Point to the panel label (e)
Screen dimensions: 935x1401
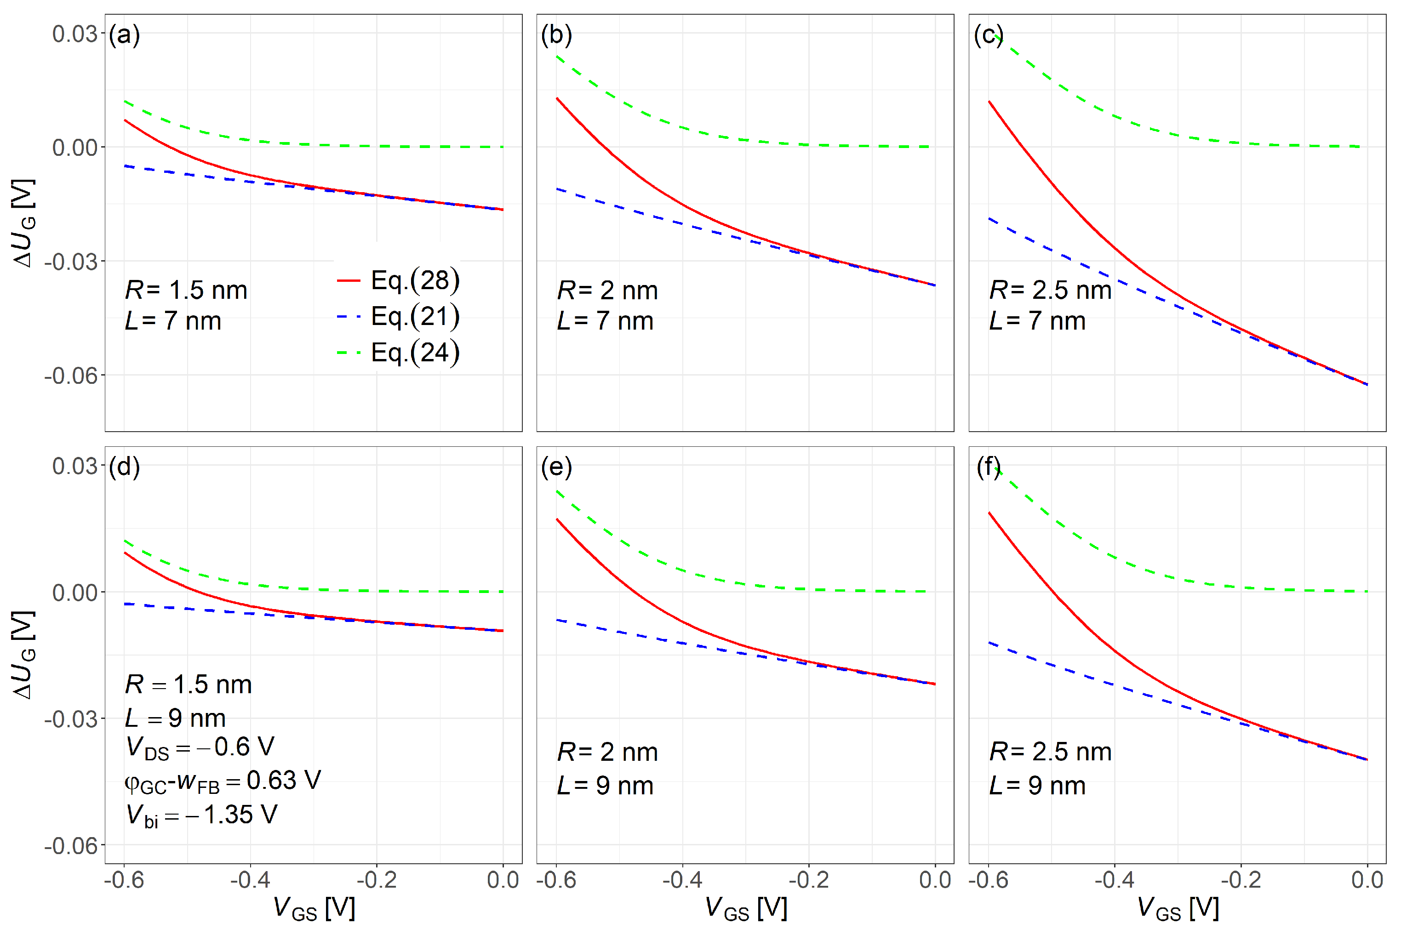click(556, 467)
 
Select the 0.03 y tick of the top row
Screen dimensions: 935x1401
click(74, 34)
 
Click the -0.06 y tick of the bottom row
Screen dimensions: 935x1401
click(70, 845)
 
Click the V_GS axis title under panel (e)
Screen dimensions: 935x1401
click(745, 909)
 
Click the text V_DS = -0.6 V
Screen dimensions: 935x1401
click(200, 747)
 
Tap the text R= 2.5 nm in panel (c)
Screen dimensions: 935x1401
click(1050, 291)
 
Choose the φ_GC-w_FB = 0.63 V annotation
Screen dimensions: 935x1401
click(222, 781)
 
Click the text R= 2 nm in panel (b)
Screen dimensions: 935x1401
click(607, 291)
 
